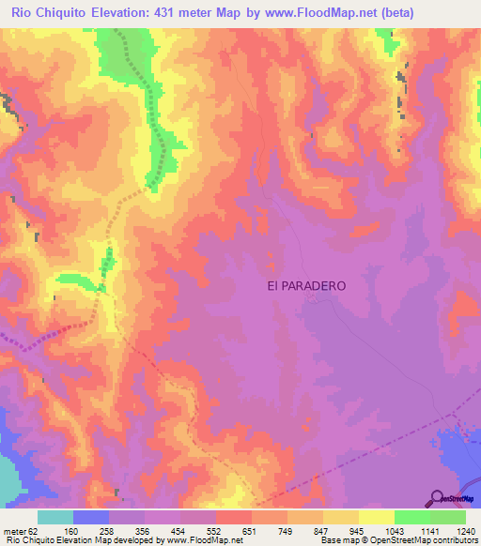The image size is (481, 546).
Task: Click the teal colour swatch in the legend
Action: coord(55,517)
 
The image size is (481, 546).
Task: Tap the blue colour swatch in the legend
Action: coord(91,517)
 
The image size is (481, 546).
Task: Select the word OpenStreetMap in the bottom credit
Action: coord(393,540)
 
